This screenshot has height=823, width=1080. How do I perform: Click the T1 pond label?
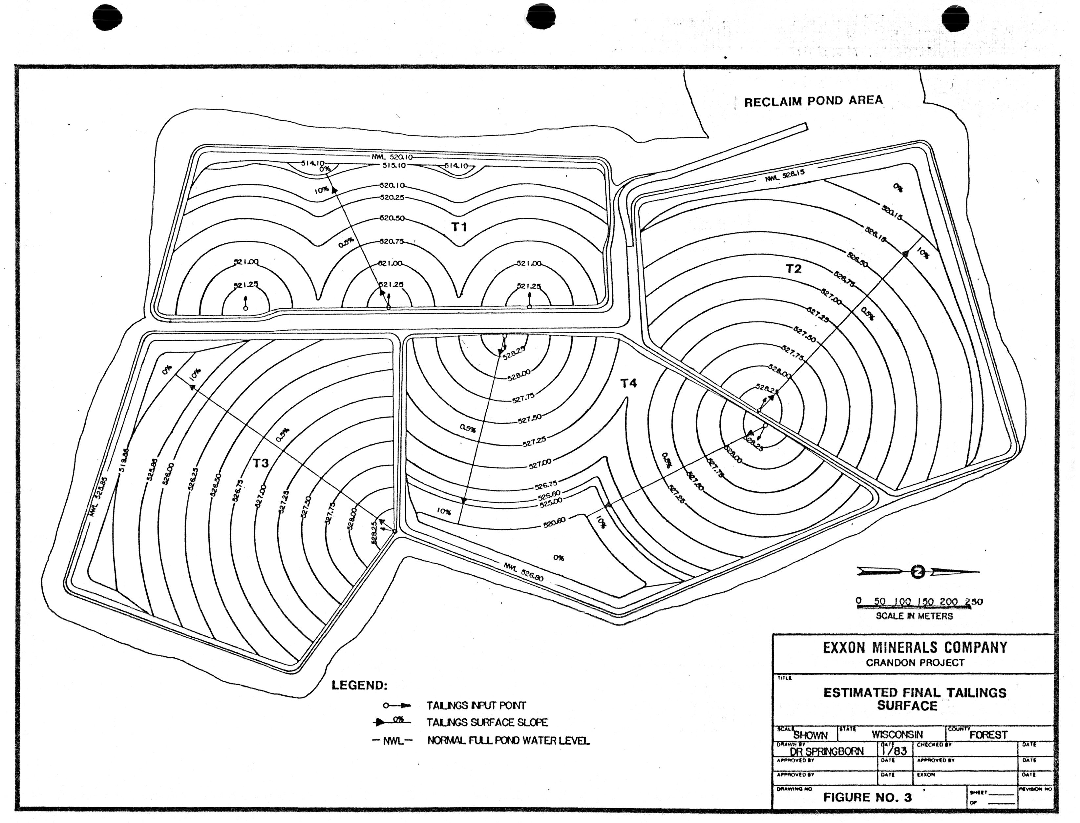tap(459, 227)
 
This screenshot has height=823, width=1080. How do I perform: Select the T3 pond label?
tap(261, 463)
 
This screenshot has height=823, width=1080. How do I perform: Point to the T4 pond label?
tap(629, 383)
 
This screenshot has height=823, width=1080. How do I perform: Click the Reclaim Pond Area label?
tap(814, 101)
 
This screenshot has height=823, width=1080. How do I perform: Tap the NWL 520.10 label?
tap(392, 157)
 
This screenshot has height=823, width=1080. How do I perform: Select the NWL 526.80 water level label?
tap(523, 572)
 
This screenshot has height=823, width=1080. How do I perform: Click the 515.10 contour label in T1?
tap(394, 166)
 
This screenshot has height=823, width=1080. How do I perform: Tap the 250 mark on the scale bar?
tap(974, 602)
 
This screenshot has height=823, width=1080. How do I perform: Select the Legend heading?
tap(359, 685)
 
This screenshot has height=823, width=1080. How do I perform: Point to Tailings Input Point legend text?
tap(476, 706)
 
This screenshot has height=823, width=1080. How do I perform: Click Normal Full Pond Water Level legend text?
tap(508, 740)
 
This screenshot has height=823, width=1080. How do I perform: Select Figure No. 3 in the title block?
tap(867, 797)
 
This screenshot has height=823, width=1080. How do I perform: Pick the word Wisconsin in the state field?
tap(897, 734)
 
